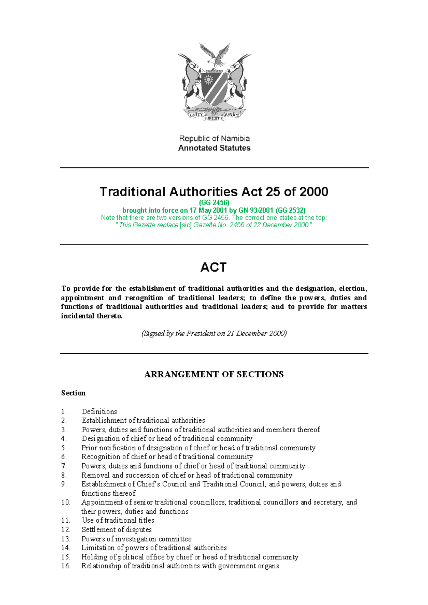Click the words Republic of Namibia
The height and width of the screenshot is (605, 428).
[x=214, y=139]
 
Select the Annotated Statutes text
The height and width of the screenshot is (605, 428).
[x=214, y=148]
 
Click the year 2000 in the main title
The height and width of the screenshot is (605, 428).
[x=314, y=192]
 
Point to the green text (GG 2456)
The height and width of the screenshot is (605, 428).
[x=214, y=203]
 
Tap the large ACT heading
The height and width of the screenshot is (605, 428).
[x=214, y=267]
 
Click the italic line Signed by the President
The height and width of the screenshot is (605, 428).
[x=214, y=333]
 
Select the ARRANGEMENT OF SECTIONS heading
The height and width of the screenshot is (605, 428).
[x=214, y=374]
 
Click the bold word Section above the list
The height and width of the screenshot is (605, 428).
[x=73, y=393]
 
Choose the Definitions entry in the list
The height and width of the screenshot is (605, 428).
[x=100, y=412]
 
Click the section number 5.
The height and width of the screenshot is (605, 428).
[x=64, y=448]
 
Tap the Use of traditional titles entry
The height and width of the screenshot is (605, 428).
[x=118, y=521]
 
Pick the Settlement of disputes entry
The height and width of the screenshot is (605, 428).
[x=117, y=530]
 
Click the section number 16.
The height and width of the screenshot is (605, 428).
[x=66, y=566]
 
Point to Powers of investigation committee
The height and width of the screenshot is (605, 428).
[x=137, y=539]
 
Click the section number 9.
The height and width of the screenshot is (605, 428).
[x=64, y=484]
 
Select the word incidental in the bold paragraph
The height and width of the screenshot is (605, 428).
[x=78, y=316]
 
